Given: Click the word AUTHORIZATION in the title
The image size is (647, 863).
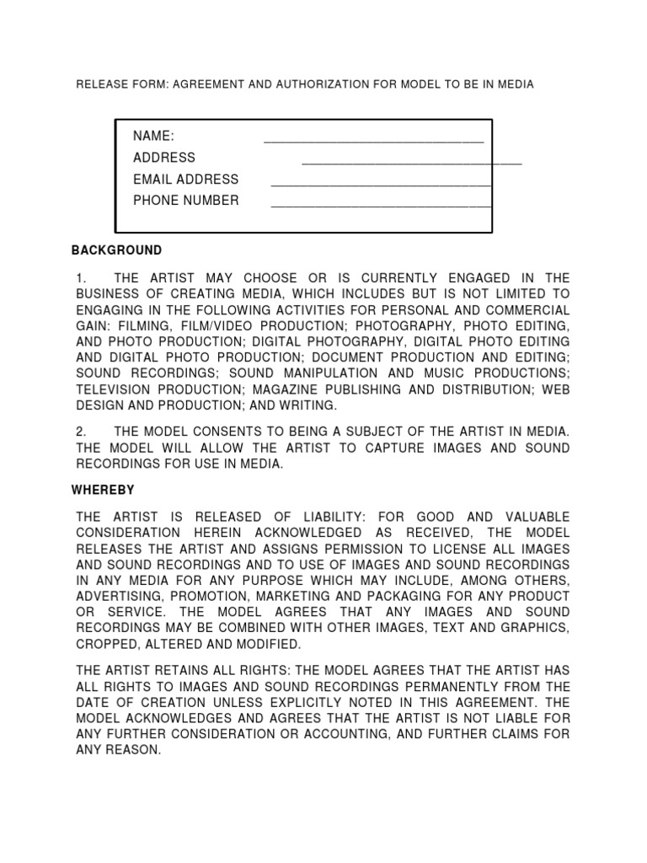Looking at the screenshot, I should (289, 84).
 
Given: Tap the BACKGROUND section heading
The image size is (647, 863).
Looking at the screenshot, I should (116, 250).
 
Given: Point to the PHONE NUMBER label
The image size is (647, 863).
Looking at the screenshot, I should (185, 201).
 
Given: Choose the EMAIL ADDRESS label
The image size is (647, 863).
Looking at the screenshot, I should (185, 179).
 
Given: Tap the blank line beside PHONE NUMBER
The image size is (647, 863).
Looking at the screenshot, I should (381, 204).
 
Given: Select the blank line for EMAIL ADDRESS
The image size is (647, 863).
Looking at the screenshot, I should (381, 183).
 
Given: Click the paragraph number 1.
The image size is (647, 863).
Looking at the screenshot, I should (81, 278).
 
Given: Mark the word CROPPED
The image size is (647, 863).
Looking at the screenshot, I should (108, 644).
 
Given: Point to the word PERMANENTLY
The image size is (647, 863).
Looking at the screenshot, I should (458, 686).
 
